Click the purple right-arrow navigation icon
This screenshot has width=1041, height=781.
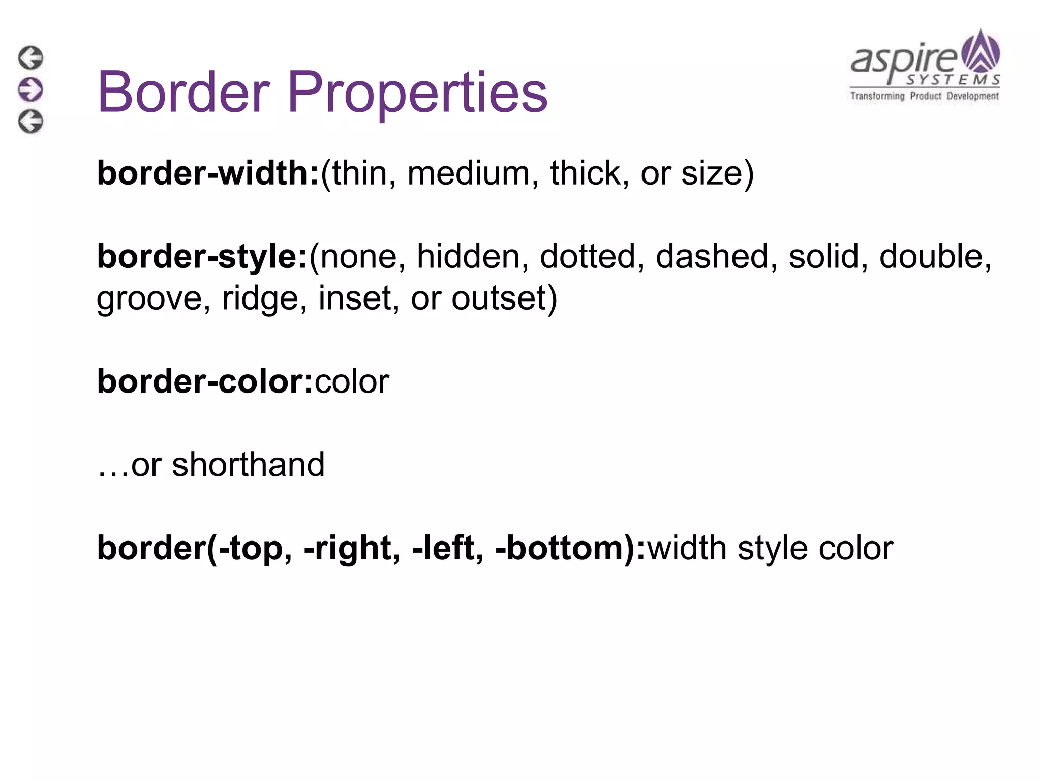point(31,90)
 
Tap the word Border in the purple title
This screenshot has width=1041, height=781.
point(183,93)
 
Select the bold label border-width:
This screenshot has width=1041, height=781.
point(208,173)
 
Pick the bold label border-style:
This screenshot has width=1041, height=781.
point(202,256)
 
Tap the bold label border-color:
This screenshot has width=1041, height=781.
point(205,381)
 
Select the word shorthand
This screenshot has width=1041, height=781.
point(248,465)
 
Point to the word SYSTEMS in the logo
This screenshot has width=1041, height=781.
point(953,80)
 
